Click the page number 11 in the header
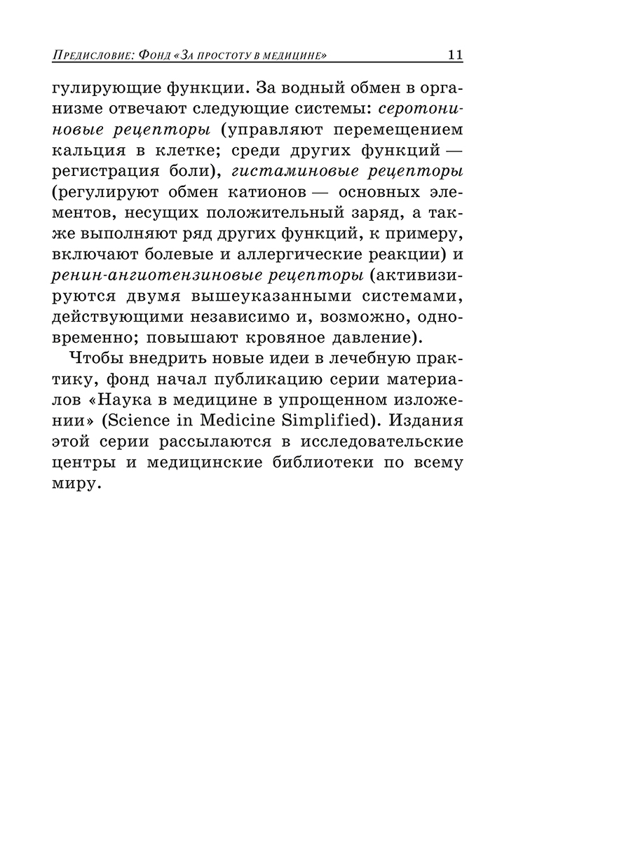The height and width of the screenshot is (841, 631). click(x=454, y=55)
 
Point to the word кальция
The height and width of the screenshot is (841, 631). click(x=87, y=151)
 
